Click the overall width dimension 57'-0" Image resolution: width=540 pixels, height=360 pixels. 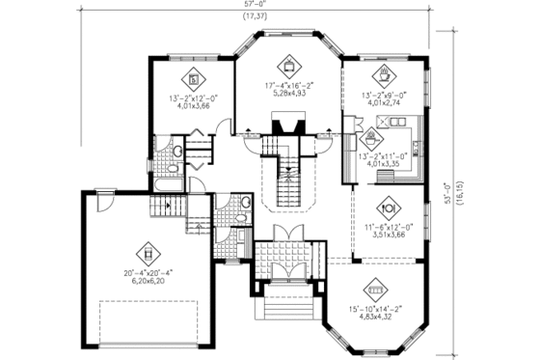click(x=256, y=5)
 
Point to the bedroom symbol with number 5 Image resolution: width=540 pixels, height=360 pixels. click(x=193, y=77)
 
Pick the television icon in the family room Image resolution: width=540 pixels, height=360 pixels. click(x=287, y=66)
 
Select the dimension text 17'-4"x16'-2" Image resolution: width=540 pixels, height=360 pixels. click(x=287, y=87)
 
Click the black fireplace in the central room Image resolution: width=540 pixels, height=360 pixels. click(x=286, y=125)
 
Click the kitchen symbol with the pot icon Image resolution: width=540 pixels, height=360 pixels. click(x=373, y=135)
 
